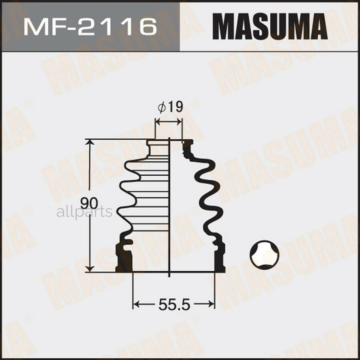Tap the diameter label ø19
170,107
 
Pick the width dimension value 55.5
173,305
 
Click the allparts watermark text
84,212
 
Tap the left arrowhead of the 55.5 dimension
136,305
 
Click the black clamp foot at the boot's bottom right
219,260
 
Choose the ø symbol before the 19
162,107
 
